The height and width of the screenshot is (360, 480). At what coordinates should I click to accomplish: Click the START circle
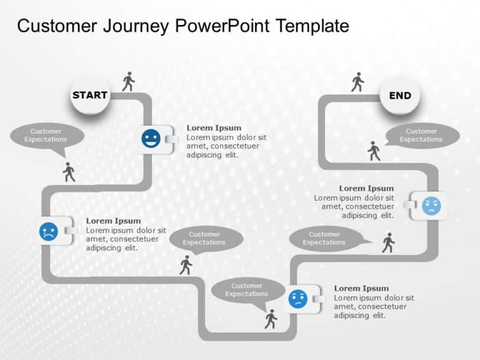(90, 95)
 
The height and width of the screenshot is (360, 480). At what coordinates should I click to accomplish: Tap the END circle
(400, 96)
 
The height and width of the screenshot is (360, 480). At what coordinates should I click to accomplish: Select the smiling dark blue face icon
(151, 139)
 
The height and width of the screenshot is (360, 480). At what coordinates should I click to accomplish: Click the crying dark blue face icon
(48, 231)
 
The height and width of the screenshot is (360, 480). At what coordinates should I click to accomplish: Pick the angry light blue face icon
(431, 206)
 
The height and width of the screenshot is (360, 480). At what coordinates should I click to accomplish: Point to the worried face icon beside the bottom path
(297, 299)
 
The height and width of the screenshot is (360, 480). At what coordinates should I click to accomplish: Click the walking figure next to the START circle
(128, 81)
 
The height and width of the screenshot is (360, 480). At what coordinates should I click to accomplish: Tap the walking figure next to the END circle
(357, 82)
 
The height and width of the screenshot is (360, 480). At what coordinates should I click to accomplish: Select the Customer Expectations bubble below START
(46, 136)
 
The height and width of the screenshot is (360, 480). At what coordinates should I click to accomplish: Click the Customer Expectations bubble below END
(421, 136)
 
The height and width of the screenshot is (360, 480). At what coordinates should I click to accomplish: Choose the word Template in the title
(312, 26)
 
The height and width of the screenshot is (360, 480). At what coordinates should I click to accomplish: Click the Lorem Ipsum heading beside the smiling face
(214, 128)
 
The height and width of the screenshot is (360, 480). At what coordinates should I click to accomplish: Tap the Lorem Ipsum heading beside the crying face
(113, 221)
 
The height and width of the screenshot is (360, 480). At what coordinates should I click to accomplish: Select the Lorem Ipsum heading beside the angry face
(366, 188)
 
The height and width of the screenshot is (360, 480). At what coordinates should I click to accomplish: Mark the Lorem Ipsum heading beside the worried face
(361, 288)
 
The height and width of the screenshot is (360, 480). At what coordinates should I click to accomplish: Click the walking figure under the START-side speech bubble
(69, 172)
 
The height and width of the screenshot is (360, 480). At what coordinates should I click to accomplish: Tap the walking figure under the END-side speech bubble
(374, 151)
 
